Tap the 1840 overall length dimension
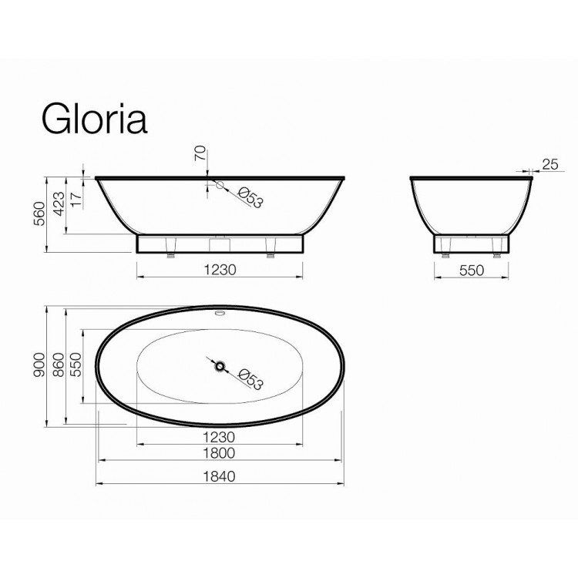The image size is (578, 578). pos(220,476)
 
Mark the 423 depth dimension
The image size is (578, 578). pos(59,205)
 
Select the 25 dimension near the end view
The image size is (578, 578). pos(549,163)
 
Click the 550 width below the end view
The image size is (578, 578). pos(472,271)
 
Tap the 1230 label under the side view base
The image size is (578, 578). pos(220,271)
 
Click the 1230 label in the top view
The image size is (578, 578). pos(220,435)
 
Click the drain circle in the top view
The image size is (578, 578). pos(220,368)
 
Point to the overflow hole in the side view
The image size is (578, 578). pos(218,185)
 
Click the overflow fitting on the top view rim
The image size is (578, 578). pos(220,313)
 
